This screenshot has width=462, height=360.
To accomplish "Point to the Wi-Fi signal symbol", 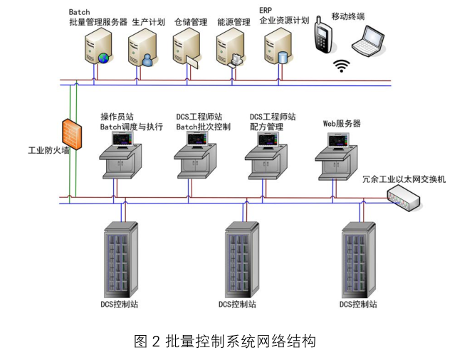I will [x=344, y=66].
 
